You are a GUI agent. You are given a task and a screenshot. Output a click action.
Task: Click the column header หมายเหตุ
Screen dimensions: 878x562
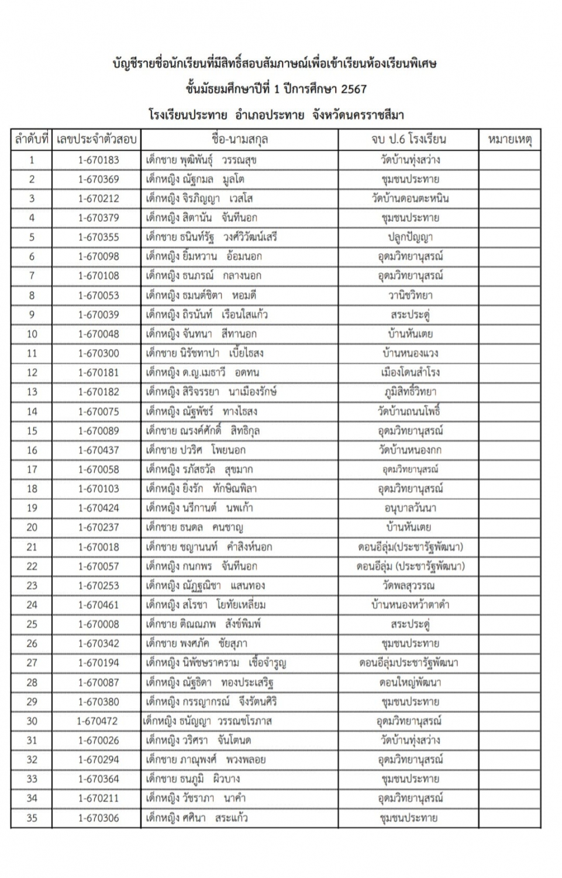click(509, 139)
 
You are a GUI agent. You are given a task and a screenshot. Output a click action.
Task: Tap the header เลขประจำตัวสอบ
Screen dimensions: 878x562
click(96, 139)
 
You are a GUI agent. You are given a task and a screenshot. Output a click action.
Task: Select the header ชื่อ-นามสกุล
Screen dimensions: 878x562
click(240, 139)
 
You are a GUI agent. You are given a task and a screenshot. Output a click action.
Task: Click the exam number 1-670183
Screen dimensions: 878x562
click(98, 160)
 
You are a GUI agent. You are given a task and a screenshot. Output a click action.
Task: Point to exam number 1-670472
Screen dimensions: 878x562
click(97, 721)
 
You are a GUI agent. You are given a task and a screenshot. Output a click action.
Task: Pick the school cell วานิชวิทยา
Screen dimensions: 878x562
click(410, 295)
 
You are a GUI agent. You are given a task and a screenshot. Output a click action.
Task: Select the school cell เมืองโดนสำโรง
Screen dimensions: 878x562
click(410, 372)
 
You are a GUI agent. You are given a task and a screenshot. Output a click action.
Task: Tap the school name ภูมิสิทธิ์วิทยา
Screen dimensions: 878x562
click(410, 392)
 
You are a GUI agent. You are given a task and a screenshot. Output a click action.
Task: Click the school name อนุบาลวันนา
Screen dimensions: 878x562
click(410, 508)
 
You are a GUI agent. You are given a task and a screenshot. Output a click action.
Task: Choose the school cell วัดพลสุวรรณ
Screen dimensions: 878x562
click(408, 585)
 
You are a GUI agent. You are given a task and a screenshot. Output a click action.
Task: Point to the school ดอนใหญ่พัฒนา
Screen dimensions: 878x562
click(410, 682)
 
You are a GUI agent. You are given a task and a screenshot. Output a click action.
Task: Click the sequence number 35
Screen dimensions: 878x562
click(32, 818)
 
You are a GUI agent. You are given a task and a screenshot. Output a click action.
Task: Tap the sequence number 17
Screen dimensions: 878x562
click(32, 469)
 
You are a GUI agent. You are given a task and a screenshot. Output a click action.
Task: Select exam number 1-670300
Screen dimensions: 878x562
click(98, 353)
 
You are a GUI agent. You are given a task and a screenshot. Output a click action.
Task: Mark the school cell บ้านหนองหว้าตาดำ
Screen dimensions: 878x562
click(410, 605)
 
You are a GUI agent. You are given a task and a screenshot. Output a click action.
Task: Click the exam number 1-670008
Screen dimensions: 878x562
click(98, 624)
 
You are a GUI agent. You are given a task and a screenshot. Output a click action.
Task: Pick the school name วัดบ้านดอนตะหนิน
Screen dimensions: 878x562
click(410, 198)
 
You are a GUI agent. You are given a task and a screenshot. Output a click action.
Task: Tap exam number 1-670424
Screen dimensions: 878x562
click(98, 508)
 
